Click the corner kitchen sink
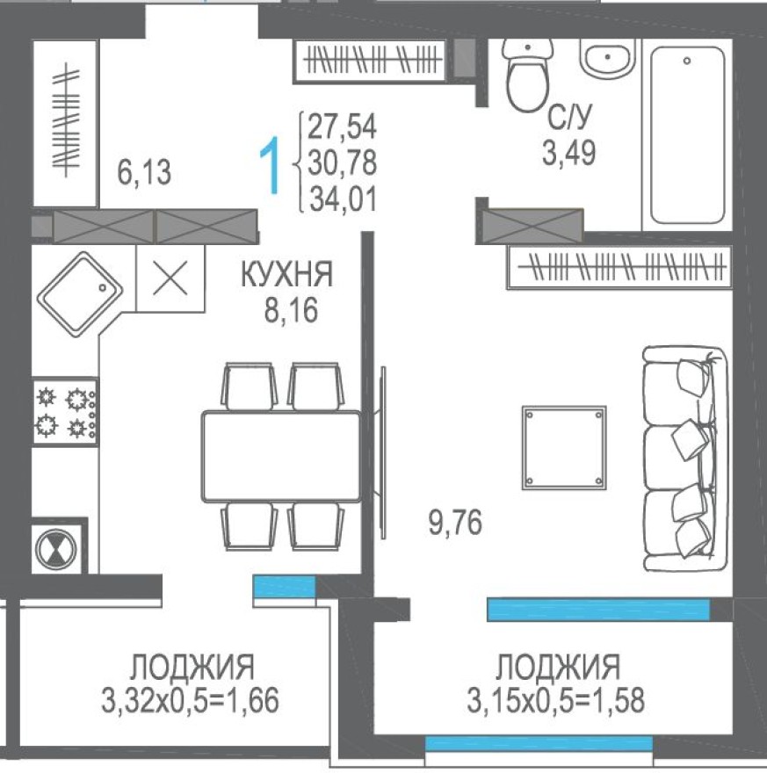pyautogui.click(x=79, y=290)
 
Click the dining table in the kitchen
pyautogui.click(x=281, y=456)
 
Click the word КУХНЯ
pyautogui.click(x=287, y=276)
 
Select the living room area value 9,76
pyautogui.click(x=454, y=524)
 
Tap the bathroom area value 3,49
pyautogui.click(x=568, y=155)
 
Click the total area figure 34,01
pyautogui.click(x=342, y=199)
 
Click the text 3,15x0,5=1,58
pyautogui.click(x=557, y=701)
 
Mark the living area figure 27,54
pyautogui.click(x=342, y=127)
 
